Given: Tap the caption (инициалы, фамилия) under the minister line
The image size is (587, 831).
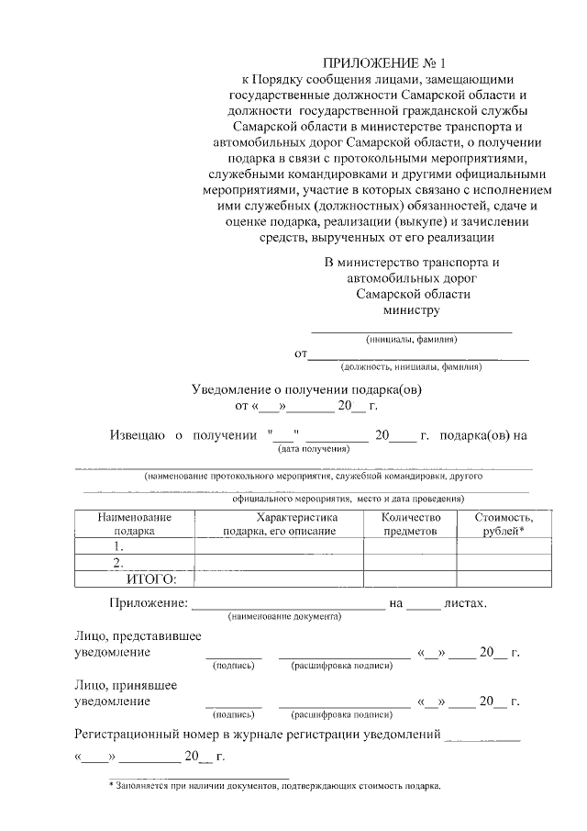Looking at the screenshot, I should (411, 339).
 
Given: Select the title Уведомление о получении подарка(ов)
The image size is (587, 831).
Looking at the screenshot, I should (306, 389).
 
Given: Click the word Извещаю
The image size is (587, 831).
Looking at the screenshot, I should (138, 434).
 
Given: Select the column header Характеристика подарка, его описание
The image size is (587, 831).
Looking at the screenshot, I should (279, 523).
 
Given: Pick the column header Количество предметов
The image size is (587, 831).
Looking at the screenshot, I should (409, 523).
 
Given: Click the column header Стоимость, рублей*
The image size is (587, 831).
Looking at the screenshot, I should (503, 523).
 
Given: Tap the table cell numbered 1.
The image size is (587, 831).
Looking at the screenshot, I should (117, 545).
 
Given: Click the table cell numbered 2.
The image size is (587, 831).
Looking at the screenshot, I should (117, 562).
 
